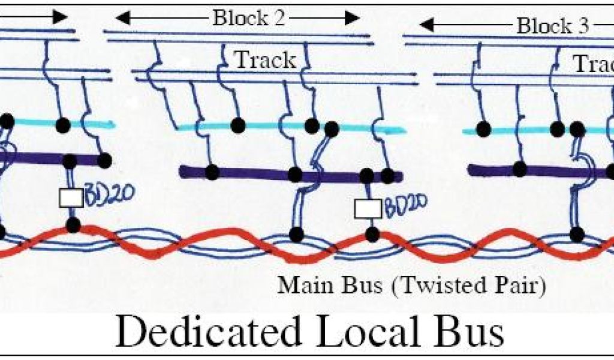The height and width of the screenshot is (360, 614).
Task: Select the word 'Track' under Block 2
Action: click(264, 59)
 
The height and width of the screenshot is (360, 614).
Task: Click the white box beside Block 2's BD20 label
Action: click(368, 208)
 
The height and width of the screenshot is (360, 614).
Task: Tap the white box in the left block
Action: click(70, 197)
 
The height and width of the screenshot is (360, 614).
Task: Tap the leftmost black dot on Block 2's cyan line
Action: click(238, 125)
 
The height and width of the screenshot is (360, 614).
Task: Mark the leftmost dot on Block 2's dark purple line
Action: click(212, 172)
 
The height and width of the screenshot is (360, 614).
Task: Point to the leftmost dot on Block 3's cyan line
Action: click(481, 128)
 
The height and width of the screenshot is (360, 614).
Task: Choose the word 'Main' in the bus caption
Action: click(299, 286)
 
